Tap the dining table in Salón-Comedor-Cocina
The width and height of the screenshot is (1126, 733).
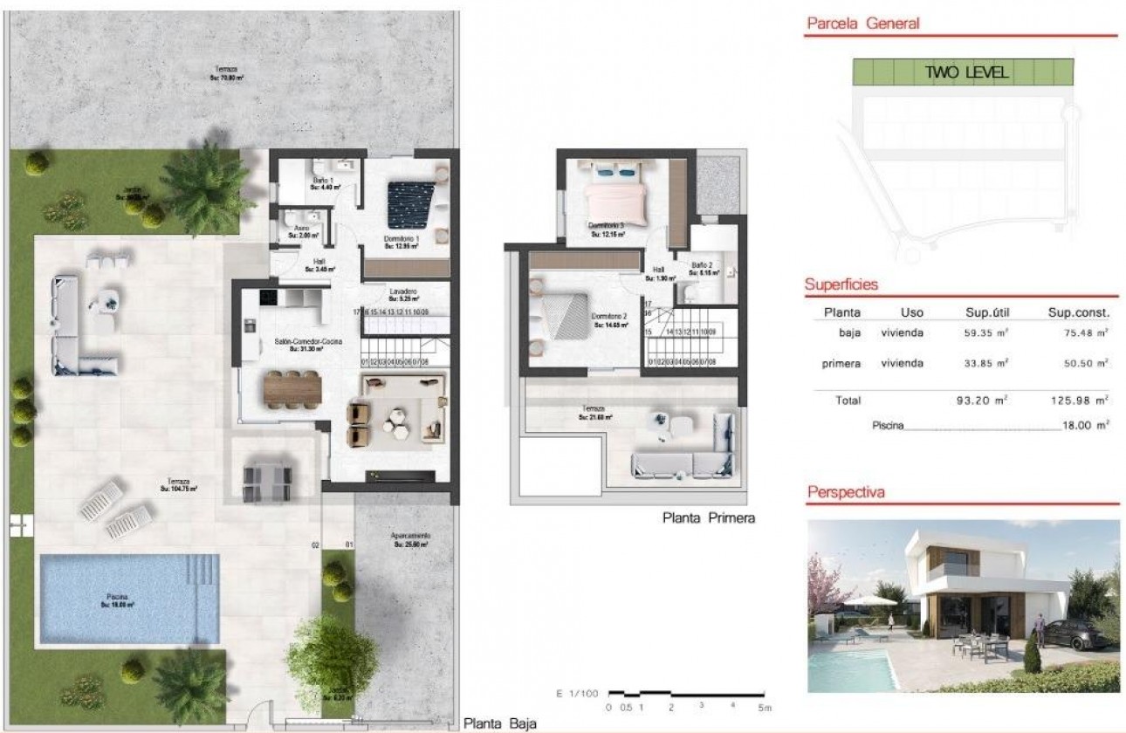pos(292,388)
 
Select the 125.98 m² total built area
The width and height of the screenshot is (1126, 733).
pos(1079,401)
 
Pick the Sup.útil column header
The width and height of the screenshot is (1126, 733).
pos(985,312)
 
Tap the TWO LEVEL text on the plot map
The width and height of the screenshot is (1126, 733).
pos(966,72)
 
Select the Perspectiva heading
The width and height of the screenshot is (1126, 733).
pos(845,492)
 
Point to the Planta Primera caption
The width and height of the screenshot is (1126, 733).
pos(708,517)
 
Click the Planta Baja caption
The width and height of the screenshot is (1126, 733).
pos(499,723)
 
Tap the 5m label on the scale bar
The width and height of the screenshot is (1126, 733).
pos(764,708)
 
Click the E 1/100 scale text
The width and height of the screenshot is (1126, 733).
pos(577,694)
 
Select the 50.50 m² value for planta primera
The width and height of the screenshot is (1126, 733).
pos(1079,363)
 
